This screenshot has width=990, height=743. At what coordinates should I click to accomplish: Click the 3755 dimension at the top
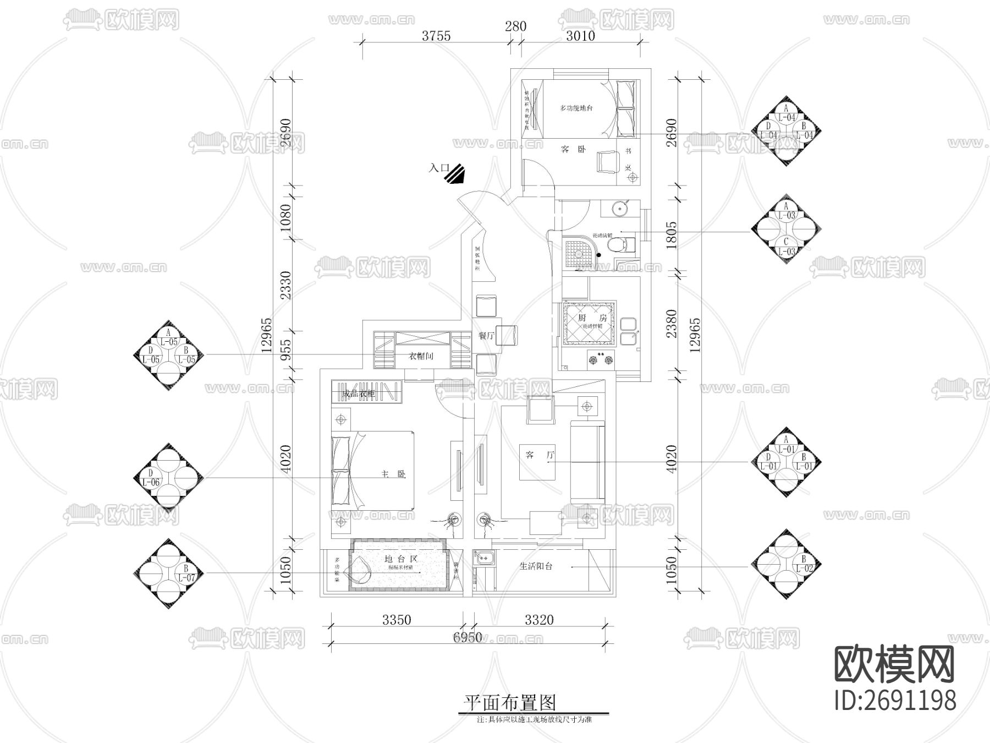pyautogui.click(x=436, y=36)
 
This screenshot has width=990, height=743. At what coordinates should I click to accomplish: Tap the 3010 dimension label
pyautogui.click(x=580, y=36)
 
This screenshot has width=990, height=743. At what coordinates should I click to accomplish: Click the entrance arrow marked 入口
pyautogui.click(x=455, y=173)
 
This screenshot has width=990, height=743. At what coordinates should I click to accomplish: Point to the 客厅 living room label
pyautogui.click(x=538, y=455)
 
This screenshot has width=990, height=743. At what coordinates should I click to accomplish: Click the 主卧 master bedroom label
pyautogui.click(x=394, y=474)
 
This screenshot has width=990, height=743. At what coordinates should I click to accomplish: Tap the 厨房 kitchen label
pyautogui.click(x=584, y=318)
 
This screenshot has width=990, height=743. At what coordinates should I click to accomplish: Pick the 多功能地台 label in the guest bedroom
pyautogui.click(x=576, y=108)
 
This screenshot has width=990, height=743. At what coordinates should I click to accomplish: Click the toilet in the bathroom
pyautogui.click(x=624, y=243)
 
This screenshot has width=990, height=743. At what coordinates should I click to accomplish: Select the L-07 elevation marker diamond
pyautogui.click(x=169, y=573)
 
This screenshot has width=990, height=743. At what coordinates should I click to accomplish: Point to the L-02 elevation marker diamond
pyautogui.click(x=786, y=565)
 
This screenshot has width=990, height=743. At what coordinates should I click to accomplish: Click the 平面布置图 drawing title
pyautogui.click(x=509, y=702)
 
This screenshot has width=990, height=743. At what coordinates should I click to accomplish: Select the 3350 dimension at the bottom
pyautogui.click(x=396, y=620)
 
